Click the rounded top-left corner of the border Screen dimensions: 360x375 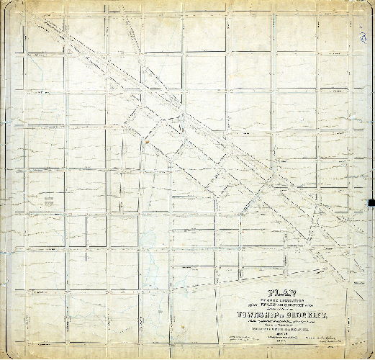5,5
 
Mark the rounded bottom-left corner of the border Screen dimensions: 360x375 5,355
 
